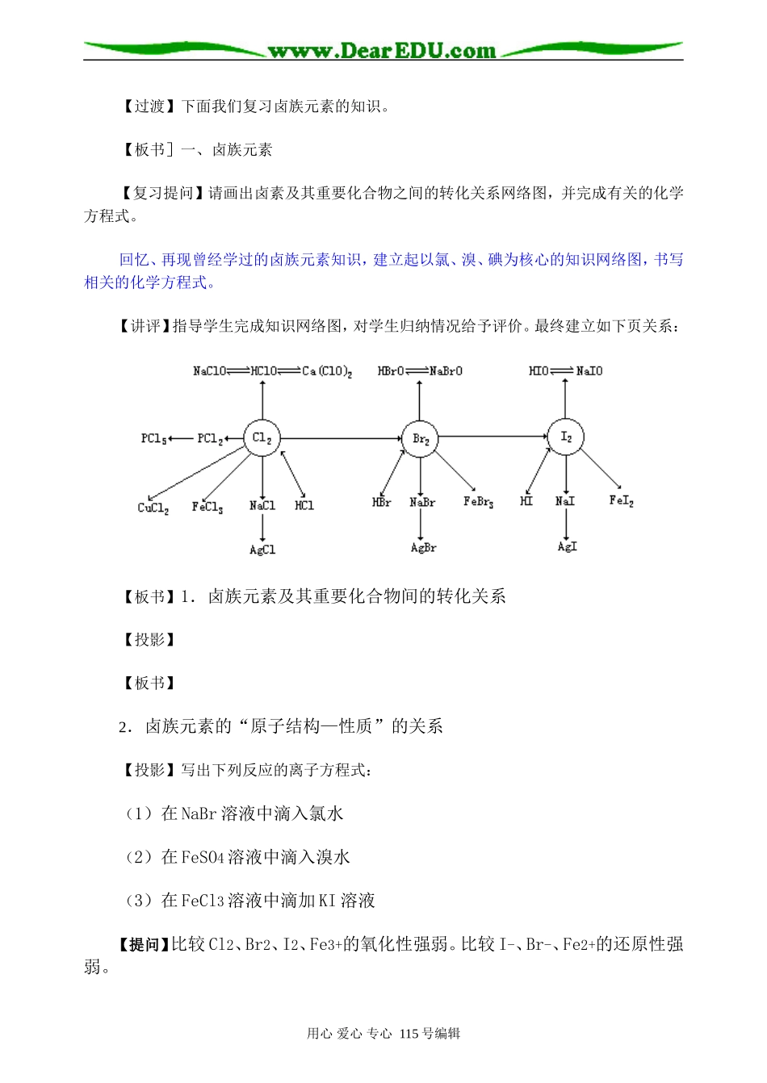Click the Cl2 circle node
tap(262, 438)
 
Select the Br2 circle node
tap(420, 439)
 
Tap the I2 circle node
tap(566, 437)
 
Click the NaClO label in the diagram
tap(209, 371)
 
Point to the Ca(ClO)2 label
tap(327, 371)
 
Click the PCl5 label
tap(153, 438)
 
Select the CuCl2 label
tap(153, 508)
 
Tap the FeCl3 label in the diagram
tap(207, 507)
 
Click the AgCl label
tap(262, 550)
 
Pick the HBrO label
tap(391, 371)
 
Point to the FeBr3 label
tap(478, 502)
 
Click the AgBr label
tap(423, 547)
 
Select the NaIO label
tap(589, 371)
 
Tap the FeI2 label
tap(621, 501)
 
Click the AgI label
tap(567, 546)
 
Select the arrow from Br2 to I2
tap(492, 437)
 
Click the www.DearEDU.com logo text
tap(382, 51)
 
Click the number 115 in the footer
tap(409, 1033)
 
